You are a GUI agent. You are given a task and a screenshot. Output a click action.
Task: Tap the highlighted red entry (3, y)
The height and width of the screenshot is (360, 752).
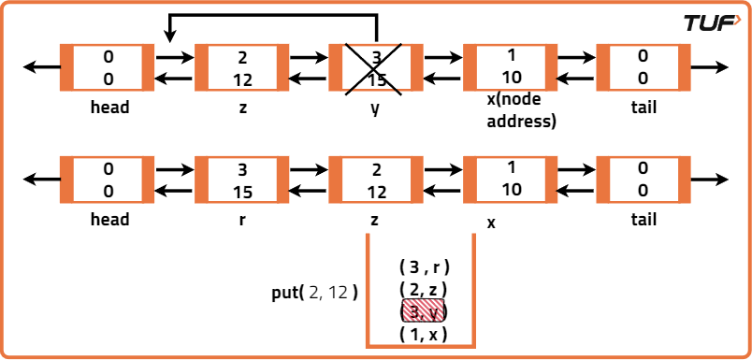pyautogui.click(x=424, y=311)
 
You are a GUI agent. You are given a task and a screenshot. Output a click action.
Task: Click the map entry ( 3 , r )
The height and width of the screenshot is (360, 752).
pyautogui.click(x=424, y=266)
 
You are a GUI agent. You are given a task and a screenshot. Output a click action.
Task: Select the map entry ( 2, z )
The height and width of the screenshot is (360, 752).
pyautogui.click(x=424, y=289)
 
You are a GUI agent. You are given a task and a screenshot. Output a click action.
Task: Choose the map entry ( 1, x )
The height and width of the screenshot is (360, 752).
pyautogui.click(x=424, y=334)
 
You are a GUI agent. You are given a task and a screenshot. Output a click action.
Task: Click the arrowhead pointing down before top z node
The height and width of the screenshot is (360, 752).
pyautogui.click(x=169, y=36)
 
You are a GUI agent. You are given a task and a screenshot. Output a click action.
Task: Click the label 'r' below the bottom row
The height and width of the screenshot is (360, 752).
pyautogui.click(x=242, y=221)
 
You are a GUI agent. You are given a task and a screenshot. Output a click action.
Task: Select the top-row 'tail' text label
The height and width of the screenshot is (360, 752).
pyautogui.click(x=644, y=108)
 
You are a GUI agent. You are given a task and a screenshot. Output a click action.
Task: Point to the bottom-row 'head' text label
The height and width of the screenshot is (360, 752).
pyautogui.click(x=109, y=221)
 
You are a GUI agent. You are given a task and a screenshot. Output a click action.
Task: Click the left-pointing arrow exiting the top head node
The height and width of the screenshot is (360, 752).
pyautogui.click(x=40, y=68)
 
